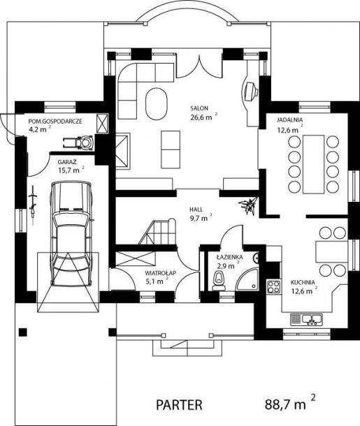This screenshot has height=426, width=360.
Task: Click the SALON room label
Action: click(x=199, y=108)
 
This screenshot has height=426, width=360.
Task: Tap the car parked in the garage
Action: click(x=71, y=234)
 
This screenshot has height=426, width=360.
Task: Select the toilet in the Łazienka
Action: click(x=218, y=281)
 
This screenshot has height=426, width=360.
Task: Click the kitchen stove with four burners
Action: click(x=273, y=286)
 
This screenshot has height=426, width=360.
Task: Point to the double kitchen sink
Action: click(x=306, y=320)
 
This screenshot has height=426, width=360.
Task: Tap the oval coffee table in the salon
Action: click(x=157, y=103)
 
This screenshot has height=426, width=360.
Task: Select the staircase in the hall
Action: click(x=157, y=232)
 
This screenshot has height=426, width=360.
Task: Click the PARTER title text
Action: click(x=179, y=405)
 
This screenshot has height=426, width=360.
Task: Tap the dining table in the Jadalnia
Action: click(x=313, y=164)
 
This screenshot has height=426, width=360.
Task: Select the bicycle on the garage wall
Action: click(x=33, y=202)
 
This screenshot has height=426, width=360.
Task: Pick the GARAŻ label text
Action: click(x=67, y=162)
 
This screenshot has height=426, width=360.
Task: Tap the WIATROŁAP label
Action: click(x=160, y=272)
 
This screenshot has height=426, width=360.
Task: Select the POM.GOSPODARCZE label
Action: click(x=55, y=122)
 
